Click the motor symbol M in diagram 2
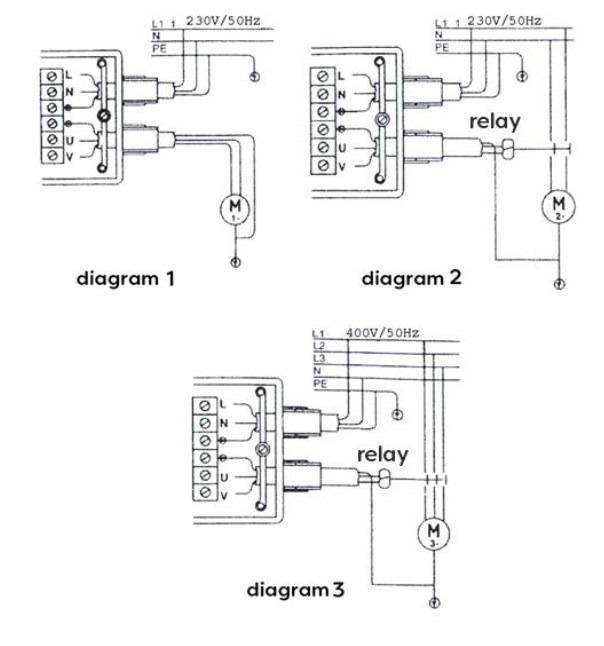pyautogui.click(x=557, y=206)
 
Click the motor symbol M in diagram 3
pyautogui.click(x=434, y=530)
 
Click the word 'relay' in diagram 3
pyautogui.click(x=383, y=454)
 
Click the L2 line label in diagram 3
pyautogui.click(x=319, y=345)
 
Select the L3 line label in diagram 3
pyautogui.click(x=319, y=357)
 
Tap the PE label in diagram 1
pyautogui.click(x=159, y=46)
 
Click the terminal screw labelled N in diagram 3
pyautogui.click(x=205, y=422)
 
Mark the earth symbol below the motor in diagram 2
pyautogui.click(x=557, y=285)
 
